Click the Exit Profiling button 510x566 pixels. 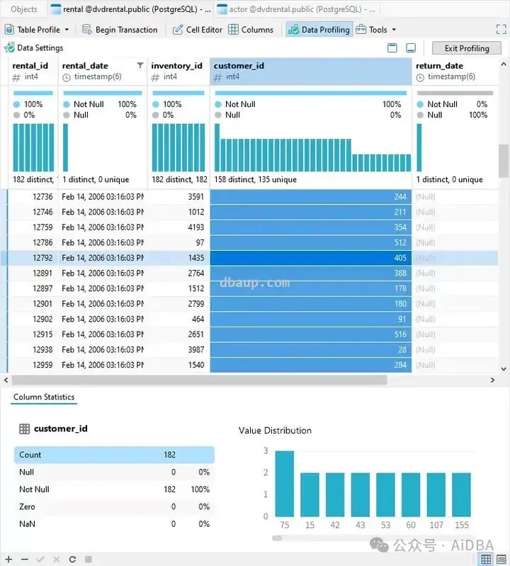[x=467, y=48]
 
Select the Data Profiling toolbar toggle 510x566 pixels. [x=319, y=30]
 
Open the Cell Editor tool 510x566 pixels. [x=198, y=30]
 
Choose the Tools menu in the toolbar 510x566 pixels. [x=376, y=30]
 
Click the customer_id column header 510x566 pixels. [x=239, y=66]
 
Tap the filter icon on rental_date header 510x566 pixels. [x=140, y=66]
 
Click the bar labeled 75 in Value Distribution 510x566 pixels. [x=285, y=484]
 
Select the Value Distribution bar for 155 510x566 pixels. [x=462, y=494]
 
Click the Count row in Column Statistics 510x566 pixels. [x=114, y=455]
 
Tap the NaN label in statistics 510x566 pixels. [x=28, y=524]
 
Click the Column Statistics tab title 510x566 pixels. [x=44, y=397]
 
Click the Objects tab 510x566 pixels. [x=25, y=9]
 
